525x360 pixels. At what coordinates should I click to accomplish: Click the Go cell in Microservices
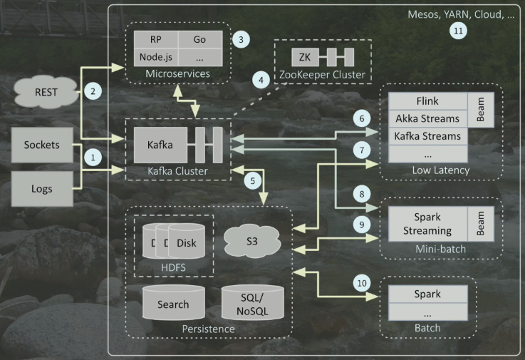[199, 38]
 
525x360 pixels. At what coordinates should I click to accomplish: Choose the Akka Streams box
[426, 118]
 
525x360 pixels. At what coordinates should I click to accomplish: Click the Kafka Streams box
[426, 135]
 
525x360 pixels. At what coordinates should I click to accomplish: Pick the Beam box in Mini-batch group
[479, 224]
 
